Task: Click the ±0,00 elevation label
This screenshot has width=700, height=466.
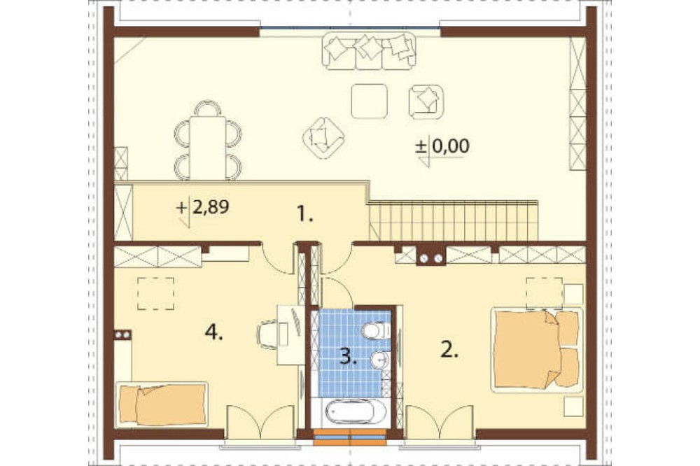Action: pyautogui.click(x=442, y=146)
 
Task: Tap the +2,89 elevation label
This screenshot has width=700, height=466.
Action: pyautogui.click(x=204, y=208)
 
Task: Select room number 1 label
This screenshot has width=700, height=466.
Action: pyautogui.click(x=305, y=215)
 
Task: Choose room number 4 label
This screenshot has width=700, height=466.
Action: pyautogui.click(x=213, y=332)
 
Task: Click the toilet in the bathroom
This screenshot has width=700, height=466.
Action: pyautogui.click(x=376, y=331)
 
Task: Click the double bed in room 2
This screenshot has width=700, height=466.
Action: pyautogui.click(x=537, y=350)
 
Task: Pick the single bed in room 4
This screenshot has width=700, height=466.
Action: pyautogui.click(x=162, y=404)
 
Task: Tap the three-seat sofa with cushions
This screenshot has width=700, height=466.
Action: pyautogui.click(x=369, y=51)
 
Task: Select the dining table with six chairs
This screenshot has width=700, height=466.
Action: pyautogui.click(x=208, y=140)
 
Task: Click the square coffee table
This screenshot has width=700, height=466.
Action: pyautogui.click(x=369, y=101)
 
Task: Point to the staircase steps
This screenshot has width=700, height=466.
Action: pyautogui.click(x=454, y=221)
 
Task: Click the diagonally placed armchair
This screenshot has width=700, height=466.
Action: pyautogui.click(x=323, y=138)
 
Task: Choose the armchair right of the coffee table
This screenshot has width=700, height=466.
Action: pyautogui.click(x=426, y=101)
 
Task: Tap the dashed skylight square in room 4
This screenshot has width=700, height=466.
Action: pyautogui.click(x=155, y=293)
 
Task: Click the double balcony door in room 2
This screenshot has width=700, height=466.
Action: pyautogui.click(x=440, y=422)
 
